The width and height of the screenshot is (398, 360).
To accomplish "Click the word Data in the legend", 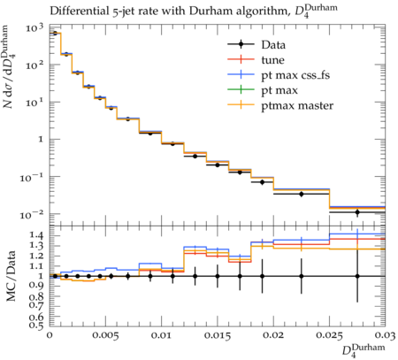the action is [273, 45].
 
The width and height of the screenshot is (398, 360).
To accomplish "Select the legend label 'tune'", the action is [272, 60].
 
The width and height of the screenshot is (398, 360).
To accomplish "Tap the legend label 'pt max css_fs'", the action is [295, 75].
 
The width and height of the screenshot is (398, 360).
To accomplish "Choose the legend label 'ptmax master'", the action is [297, 105].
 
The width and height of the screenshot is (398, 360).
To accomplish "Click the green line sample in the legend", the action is [241, 89].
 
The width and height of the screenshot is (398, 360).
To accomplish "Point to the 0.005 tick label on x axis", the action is [105, 336].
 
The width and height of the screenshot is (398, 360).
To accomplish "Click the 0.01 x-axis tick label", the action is [161, 336].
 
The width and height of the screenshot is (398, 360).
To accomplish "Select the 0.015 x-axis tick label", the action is [218, 336].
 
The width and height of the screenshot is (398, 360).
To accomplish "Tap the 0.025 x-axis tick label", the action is [329, 336].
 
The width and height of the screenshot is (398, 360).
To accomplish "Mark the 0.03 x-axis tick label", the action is [386, 336].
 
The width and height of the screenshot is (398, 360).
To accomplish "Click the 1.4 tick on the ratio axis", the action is [35, 235].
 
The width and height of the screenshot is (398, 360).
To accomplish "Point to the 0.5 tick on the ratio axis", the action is [35, 326].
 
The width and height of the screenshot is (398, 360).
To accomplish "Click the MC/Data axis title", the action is [11, 276].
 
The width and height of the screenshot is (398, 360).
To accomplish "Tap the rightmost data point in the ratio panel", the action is [357, 276].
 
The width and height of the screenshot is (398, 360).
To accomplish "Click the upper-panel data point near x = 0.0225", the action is [302, 194].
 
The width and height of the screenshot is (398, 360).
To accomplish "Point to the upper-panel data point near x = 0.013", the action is [195, 157].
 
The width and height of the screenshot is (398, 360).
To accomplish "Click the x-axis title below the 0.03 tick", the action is [364, 351].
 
